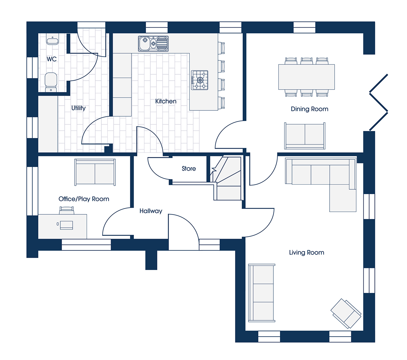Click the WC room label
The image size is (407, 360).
pos(52,59)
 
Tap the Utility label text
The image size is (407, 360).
pos(79,108)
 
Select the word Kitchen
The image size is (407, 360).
pos(166,101)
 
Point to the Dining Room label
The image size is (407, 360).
pos(309,109)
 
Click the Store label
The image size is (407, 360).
pos(189,168)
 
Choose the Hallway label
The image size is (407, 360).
pos(151,211)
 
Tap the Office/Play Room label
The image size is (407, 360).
pos(84,199)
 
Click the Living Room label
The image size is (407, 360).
pos(307,252)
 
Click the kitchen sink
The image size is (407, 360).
pos(153,44)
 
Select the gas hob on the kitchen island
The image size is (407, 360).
pos(199,80)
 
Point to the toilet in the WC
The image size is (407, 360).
pos(51,82)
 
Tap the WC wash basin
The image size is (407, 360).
pos(52,39)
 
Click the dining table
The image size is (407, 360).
pos(306,77)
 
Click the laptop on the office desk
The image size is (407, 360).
pos(66,225)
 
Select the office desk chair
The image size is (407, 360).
pos(66,210)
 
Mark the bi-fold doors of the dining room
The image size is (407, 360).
pos(378,102)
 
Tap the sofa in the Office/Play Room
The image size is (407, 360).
pos(95,172)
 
